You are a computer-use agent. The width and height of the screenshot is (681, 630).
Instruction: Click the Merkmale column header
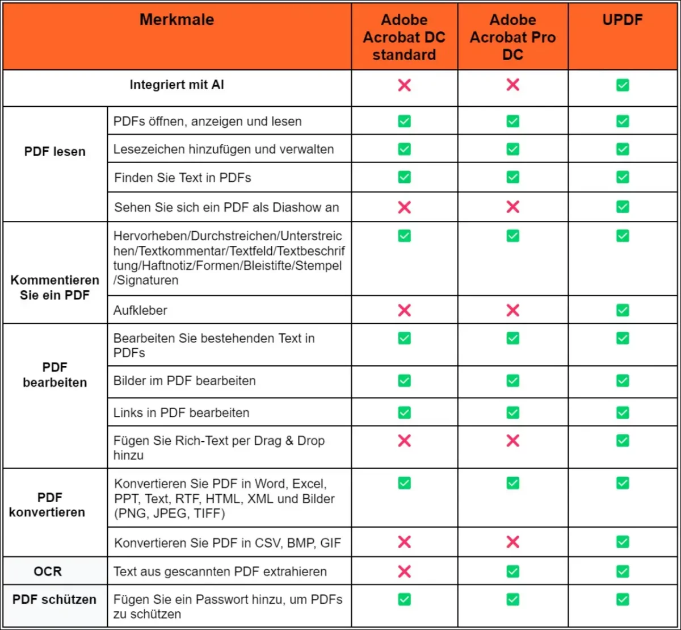point(176,19)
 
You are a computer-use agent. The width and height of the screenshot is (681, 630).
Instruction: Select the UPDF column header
point(623,19)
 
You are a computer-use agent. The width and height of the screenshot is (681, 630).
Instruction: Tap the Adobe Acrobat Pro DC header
point(512,37)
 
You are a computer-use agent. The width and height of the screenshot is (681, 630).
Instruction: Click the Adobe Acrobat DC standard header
point(404,37)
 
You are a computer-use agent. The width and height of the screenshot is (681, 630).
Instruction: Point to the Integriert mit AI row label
point(176,85)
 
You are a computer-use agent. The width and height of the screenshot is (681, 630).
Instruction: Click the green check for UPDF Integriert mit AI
point(623,85)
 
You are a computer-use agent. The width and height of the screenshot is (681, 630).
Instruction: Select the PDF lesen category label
point(55,152)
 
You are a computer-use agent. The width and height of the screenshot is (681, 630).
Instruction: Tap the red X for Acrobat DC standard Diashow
point(404,207)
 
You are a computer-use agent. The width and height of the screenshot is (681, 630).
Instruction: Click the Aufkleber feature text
point(140,310)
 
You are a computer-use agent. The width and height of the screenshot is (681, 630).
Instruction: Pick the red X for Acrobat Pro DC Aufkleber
point(512,310)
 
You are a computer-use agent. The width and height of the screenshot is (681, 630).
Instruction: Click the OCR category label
point(48,571)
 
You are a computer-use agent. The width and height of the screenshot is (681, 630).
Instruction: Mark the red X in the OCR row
point(404,571)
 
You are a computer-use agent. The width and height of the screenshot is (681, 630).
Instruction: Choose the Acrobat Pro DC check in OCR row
point(512,571)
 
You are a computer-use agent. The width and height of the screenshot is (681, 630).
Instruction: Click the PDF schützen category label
point(54,599)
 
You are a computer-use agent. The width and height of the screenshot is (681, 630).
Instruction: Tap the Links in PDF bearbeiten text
point(181,412)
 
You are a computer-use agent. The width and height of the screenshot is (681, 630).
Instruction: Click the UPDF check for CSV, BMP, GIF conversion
point(623,542)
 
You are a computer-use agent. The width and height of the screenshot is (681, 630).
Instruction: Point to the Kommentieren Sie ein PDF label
point(55,287)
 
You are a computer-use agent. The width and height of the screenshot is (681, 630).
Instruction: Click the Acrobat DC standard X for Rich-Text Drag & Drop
point(404,440)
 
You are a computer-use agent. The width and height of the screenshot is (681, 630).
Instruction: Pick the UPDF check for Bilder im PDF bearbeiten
point(623,381)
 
